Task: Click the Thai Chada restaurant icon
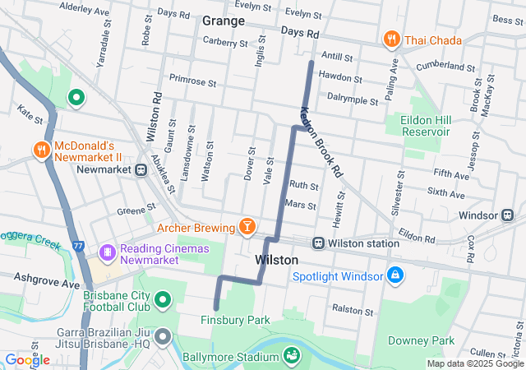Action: pos(391,39)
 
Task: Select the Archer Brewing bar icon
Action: pos(246,225)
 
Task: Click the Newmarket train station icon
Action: pos(141,170)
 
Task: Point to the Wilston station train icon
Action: pos(318,243)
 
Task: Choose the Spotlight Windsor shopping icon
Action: pos(395,274)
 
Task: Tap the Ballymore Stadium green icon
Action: pos(290,355)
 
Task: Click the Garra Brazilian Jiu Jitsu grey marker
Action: pos(162,337)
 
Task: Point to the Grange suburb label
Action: pos(223,21)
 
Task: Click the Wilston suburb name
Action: pos(276,260)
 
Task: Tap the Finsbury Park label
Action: pos(235,319)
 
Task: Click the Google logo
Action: pos(27,359)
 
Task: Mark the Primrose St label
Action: pos(191,83)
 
